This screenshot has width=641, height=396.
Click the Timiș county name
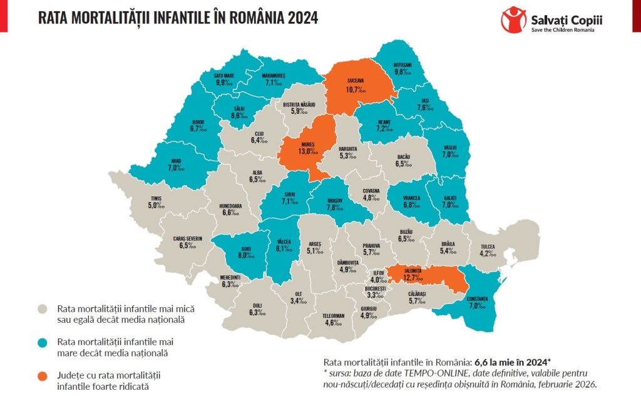(155, 198)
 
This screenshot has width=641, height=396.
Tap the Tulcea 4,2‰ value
(488, 253)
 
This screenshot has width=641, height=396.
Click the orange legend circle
(43, 376)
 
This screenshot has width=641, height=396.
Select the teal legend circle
(43, 342)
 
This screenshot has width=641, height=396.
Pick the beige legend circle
(43, 309)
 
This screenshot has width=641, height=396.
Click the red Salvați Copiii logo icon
(513, 19)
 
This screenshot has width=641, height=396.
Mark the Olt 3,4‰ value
(299, 301)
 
